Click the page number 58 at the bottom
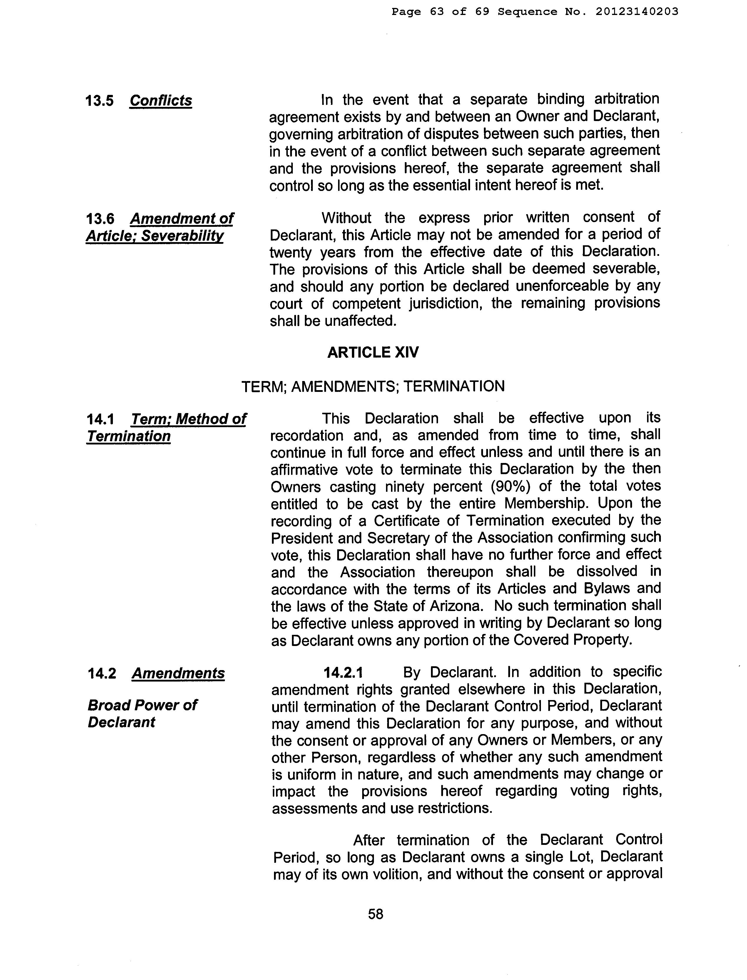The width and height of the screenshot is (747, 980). coord(376,914)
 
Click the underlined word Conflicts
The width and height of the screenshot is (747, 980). coord(161,101)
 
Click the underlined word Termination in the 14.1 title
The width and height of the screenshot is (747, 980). coord(128,436)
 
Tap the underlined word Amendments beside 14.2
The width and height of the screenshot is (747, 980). coord(178,673)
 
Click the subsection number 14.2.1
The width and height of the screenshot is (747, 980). coord(343,672)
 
